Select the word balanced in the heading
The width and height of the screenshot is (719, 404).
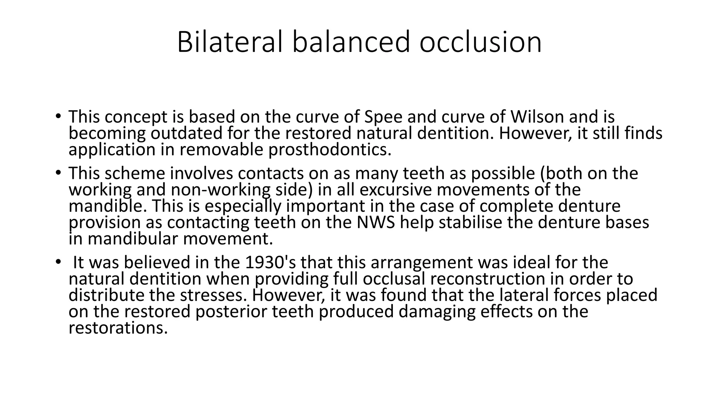click(x=351, y=42)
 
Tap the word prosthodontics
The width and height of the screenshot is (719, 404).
click(x=330, y=150)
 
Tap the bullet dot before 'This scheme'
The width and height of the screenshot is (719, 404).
click(x=58, y=172)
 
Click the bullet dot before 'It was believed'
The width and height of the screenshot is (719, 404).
click(x=58, y=261)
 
